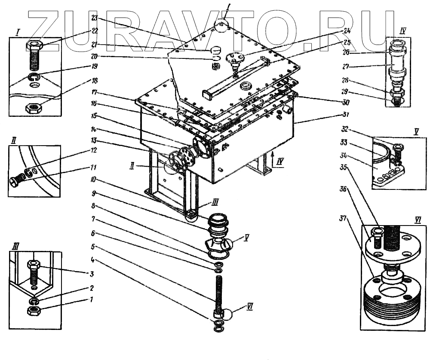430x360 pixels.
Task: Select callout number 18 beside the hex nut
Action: tap(95, 80)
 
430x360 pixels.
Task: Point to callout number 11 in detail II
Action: tap(94, 167)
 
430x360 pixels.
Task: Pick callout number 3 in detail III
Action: tap(92, 273)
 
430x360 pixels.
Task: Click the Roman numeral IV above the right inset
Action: tap(402, 31)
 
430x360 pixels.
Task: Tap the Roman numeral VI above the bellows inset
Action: tap(418, 220)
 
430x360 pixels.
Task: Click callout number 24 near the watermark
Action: tap(347, 31)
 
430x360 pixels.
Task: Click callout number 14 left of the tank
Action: tap(94, 129)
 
